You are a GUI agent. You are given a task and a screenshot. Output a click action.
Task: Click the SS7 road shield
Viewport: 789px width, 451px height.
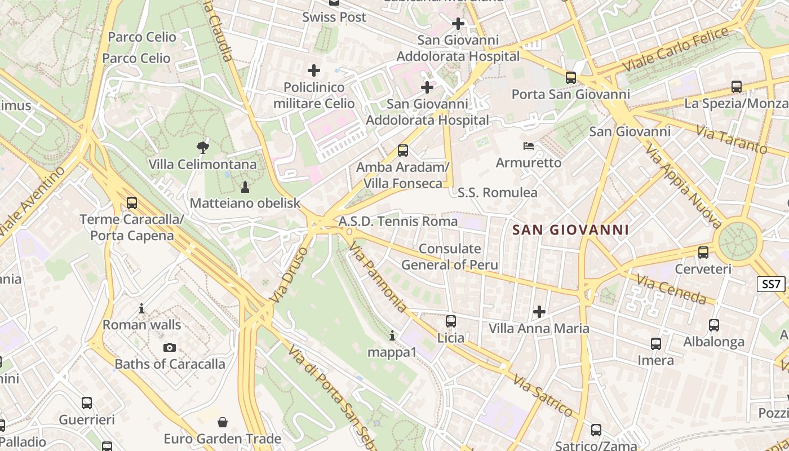[772, 284]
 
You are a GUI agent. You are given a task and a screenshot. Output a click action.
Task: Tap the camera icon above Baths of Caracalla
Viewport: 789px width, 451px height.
[169, 347]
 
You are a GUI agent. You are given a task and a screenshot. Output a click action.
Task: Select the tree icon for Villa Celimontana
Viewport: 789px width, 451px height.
[203, 148]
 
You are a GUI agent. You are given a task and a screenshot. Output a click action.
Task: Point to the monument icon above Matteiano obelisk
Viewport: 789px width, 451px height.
[245, 186]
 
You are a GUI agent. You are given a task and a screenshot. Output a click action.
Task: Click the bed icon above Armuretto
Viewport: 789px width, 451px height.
[529, 146]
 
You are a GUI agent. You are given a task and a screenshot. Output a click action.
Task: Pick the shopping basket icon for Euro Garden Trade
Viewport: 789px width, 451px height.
[223, 422]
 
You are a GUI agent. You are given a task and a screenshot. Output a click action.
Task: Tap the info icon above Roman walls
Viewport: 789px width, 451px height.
[141, 308]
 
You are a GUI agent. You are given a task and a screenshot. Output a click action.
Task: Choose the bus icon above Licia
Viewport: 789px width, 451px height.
[451, 321]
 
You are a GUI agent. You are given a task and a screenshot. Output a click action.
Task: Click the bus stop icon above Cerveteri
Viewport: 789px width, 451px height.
[703, 253]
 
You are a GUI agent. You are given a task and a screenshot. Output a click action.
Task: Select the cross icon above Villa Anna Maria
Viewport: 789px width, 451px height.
[539, 311]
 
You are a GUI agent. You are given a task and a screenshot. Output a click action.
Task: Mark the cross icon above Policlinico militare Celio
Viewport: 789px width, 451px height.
[314, 70]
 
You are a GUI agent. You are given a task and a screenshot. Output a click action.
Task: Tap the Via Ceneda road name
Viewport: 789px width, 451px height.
[671, 289]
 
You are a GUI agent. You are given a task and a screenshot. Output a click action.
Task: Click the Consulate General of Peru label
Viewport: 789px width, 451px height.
[450, 257]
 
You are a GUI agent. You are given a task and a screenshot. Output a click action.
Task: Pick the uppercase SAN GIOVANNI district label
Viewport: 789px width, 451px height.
[570, 230]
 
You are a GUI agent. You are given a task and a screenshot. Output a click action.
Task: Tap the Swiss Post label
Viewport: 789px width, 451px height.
[334, 17]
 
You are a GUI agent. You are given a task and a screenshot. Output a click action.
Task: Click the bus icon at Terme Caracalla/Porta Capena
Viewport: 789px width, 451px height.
[132, 203]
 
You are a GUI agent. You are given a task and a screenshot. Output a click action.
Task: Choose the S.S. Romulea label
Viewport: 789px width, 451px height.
[498, 193]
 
